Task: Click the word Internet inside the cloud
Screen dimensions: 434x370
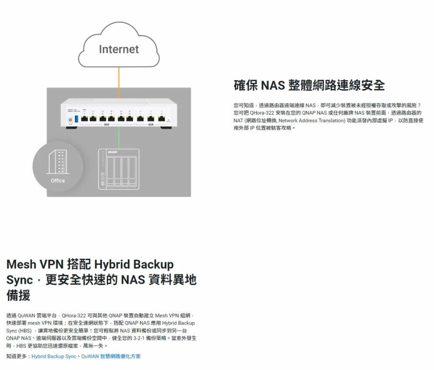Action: [x=118, y=49]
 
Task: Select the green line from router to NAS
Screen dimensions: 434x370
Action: [x=119, y=137]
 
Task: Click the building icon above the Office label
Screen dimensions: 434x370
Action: [x=58, y=161]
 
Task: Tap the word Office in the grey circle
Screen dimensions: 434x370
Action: [x=58, y=180]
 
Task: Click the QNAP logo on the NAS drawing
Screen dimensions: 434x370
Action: [x=112, y=152]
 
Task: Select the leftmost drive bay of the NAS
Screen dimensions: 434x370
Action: [x=110, y=170]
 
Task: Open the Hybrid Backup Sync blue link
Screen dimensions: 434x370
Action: [x=54, y=356]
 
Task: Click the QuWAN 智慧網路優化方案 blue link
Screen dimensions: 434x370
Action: [x=111, y=356]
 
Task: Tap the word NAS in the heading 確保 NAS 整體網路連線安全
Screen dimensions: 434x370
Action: [x=272, y=85]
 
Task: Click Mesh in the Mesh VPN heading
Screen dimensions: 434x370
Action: [x=21, y=264]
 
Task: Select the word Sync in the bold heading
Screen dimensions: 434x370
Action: [x=19, y=280]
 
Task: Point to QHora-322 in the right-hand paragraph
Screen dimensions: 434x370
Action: [x=261, y=113]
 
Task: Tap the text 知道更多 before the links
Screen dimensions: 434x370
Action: [x=17, y=356]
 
